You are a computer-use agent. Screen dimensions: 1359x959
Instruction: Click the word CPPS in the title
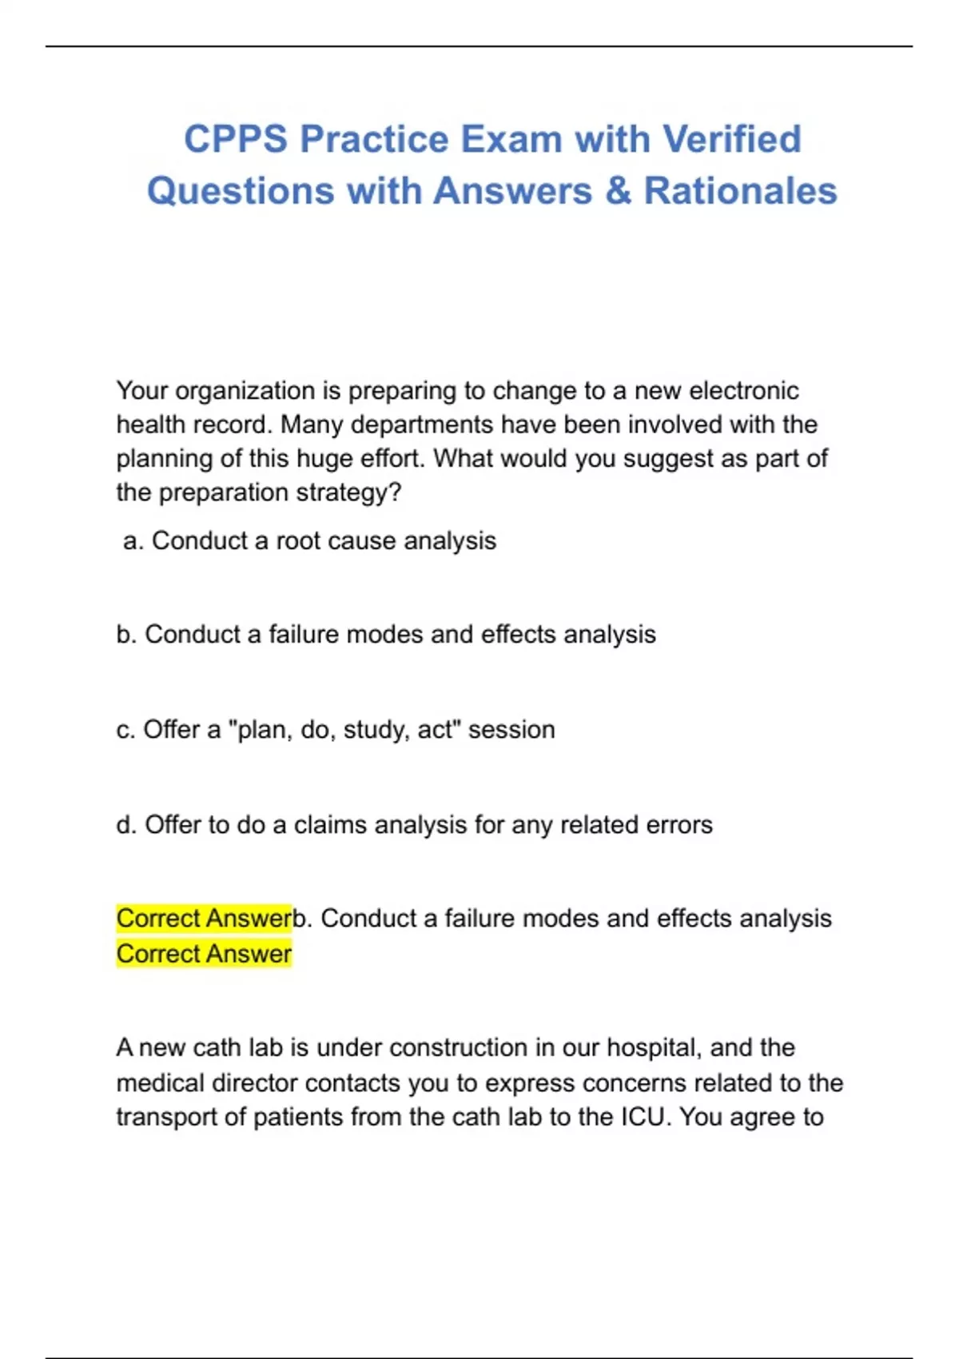(x=235, y=139)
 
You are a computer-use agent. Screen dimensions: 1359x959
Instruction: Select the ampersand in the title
(x=618, y=191)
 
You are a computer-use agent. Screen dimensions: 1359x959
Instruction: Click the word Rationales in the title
(x=740, y=191)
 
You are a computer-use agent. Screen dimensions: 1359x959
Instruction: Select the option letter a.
(x=133, y=541)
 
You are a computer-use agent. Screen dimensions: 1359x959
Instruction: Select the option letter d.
(x=126, y=825)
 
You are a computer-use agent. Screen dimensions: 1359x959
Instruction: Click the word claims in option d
(x=331, y=825)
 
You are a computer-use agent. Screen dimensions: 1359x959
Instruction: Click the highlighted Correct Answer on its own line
(x=204, y=954)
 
